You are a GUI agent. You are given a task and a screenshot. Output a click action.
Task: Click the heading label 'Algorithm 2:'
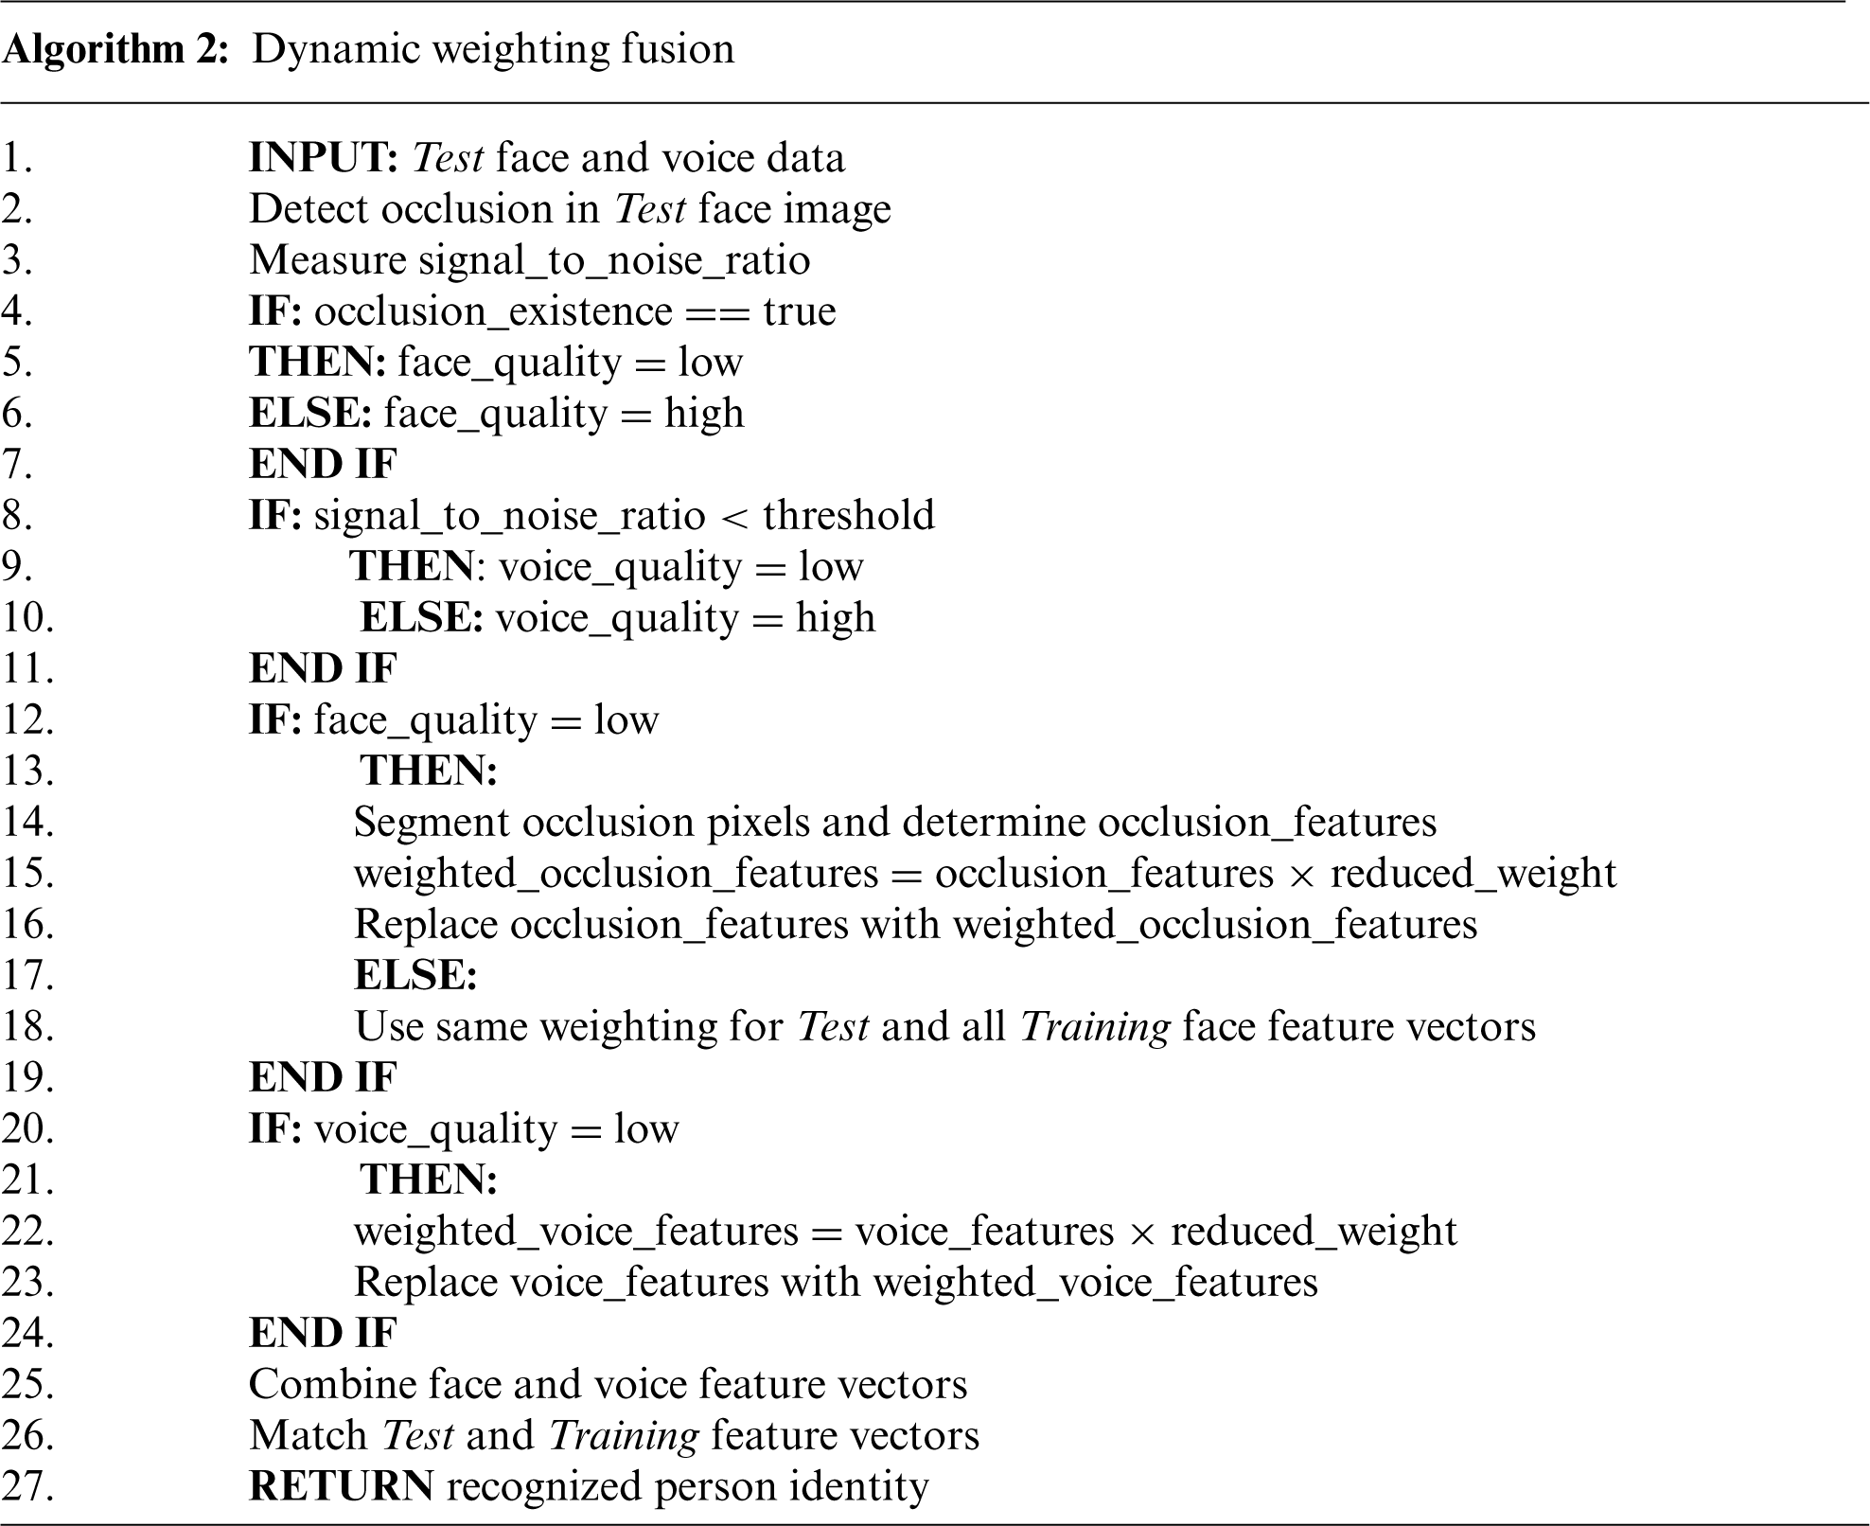115,49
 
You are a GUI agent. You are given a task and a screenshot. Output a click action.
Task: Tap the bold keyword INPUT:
323,158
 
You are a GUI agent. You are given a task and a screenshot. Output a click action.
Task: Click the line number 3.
17,260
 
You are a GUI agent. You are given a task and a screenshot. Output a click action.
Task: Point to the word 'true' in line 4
800,311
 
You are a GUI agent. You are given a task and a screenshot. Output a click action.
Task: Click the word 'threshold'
848,515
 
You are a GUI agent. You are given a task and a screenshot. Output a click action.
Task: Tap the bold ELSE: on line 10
422,618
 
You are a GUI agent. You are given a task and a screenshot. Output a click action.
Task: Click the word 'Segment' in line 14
432,822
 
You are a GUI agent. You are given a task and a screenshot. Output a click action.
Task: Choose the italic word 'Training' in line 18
1095,1026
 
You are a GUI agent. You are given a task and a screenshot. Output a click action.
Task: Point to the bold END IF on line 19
323,1077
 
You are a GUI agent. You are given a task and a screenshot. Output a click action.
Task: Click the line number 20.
27,1128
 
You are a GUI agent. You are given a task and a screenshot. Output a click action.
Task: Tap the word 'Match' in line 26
309,1435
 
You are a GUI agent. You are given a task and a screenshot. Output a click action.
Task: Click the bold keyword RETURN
341,1486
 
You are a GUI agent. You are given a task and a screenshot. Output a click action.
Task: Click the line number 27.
27,1486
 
